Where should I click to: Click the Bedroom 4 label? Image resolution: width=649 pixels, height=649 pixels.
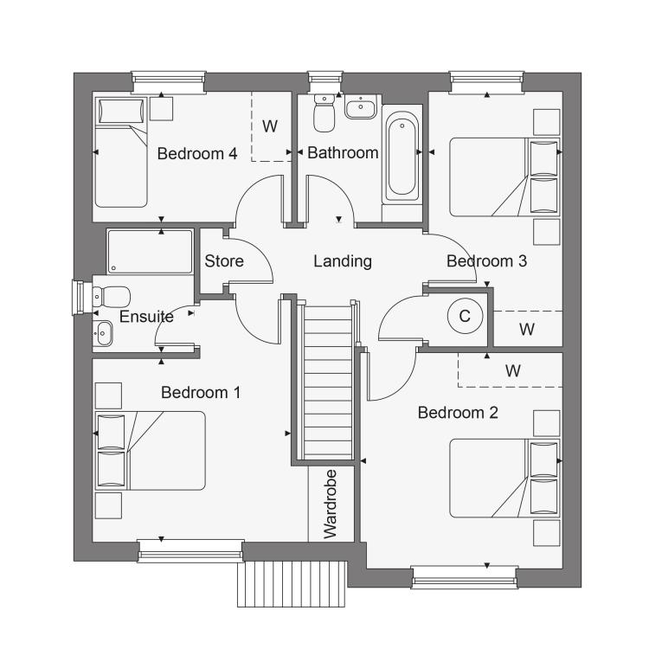[197, 153]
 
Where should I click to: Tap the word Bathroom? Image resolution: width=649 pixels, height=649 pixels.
[343, 152]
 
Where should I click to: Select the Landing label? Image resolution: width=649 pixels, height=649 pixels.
[343, 261]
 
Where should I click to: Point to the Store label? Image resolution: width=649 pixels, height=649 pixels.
[224, 261]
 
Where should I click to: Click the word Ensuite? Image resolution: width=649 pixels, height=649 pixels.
[146, 317]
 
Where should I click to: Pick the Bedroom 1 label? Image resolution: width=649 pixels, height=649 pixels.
[201, 392]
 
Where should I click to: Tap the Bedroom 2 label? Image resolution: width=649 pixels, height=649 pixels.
[458, 413]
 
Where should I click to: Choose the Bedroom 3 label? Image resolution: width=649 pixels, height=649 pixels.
[486, 261]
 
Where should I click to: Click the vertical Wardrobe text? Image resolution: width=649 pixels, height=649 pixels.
[331, 504]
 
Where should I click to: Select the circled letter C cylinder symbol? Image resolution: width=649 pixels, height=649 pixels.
[466, 316]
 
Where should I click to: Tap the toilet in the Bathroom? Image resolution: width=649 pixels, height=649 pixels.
[324, 112]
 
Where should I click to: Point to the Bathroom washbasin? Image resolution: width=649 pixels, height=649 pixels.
[361, 106]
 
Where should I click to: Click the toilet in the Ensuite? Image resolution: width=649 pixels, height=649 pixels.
[112, 297]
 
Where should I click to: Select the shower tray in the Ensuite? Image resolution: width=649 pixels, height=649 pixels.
[151, 251]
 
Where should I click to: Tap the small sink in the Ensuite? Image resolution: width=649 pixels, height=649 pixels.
[102, 333]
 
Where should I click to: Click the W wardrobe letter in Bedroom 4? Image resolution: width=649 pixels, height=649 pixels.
[270, 126]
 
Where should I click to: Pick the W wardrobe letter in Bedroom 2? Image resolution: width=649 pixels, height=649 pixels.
[513, 370]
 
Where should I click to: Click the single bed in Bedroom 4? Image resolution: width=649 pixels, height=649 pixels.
[121, 152]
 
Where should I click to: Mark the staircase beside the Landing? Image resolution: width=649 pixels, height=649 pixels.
[328, 382]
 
